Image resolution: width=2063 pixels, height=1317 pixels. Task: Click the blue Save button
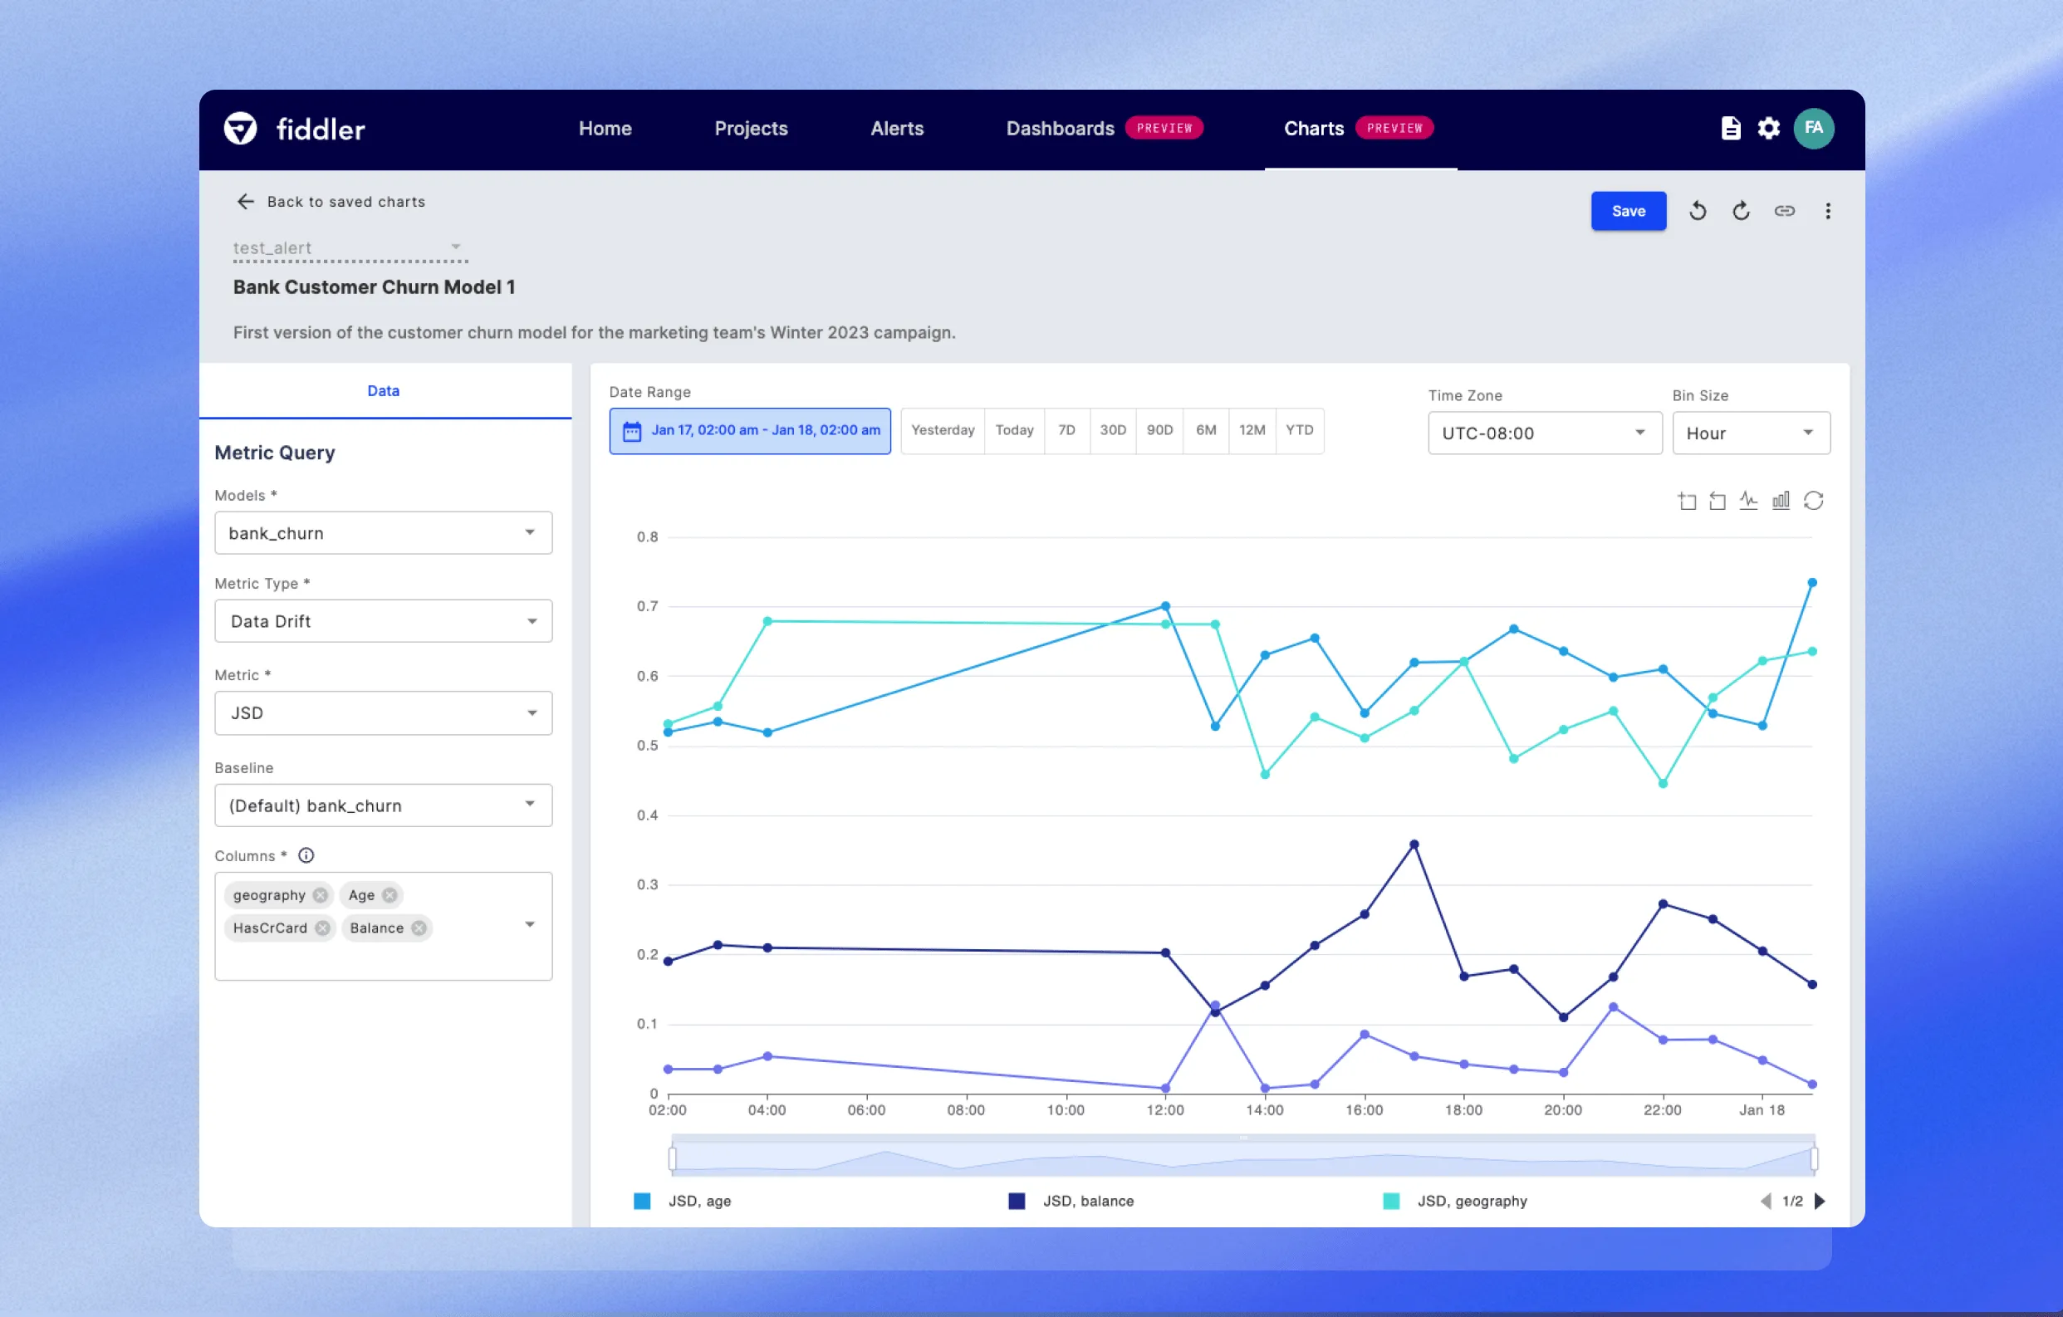1628,211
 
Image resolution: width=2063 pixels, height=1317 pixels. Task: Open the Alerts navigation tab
896,129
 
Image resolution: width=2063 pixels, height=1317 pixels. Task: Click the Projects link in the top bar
751,129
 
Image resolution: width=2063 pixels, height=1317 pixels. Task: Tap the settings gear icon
1768,129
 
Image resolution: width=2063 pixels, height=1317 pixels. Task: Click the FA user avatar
1813,129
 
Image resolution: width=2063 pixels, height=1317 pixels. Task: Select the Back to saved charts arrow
246,201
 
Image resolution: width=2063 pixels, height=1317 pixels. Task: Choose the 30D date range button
1112,430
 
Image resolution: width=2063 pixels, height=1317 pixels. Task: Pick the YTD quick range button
1299,430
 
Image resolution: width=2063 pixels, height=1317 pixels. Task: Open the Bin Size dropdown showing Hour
1750,433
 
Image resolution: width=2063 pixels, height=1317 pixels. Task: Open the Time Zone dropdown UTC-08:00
1544,433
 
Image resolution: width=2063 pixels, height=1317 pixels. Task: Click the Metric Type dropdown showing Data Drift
383,621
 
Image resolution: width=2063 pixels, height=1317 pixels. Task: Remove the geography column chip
321,895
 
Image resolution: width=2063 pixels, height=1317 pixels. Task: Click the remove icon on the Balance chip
419,928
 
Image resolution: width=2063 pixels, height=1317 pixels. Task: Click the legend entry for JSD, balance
1087,1202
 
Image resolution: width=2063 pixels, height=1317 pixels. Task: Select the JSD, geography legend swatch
1391,1202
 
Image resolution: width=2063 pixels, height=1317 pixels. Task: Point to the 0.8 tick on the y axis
648,537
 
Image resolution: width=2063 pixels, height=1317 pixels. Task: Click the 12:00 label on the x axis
1165,1110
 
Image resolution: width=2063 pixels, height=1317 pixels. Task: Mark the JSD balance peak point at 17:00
1414,845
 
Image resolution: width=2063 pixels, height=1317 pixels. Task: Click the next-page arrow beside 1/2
1820,1202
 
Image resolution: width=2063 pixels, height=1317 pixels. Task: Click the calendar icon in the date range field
631,431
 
